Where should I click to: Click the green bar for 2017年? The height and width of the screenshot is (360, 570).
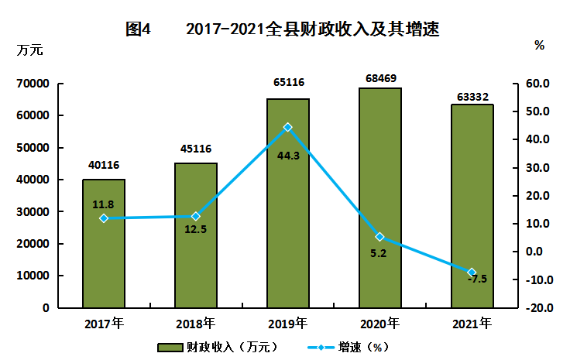pos(104,243)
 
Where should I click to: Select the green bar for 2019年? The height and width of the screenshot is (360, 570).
pos(288,203)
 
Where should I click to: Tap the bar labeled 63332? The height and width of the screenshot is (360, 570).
pos(472,206)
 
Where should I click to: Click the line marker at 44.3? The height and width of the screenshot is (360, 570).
pos(288,127)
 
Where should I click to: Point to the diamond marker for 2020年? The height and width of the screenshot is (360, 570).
pos(380,237)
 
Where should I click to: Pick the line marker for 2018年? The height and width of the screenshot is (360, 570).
pos(196,217)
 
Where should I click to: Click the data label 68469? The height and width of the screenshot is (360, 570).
pos(380,78)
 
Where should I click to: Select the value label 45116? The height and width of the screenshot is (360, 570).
pos(196,149)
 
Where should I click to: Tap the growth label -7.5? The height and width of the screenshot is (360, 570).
pos(477,279)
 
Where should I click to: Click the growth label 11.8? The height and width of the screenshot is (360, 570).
pos(103,204)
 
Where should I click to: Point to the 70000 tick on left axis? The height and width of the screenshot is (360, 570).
pos(33,84)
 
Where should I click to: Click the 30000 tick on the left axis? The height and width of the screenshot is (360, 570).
pos(33,212)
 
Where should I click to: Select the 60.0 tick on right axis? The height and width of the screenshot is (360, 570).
pos(537,84)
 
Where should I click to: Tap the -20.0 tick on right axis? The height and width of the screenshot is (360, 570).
pos(540,308)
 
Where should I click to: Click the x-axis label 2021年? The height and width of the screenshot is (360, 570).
pos(472,324)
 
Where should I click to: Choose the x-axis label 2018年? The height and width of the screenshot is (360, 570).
pos(196,324)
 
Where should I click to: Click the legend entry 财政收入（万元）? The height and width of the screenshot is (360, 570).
pos(218,348)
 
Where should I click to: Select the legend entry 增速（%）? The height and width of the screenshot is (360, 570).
pos(349,348)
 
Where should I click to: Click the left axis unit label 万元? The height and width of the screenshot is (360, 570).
pos(29,50)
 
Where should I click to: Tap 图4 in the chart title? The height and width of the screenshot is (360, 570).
pos(138,29)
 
